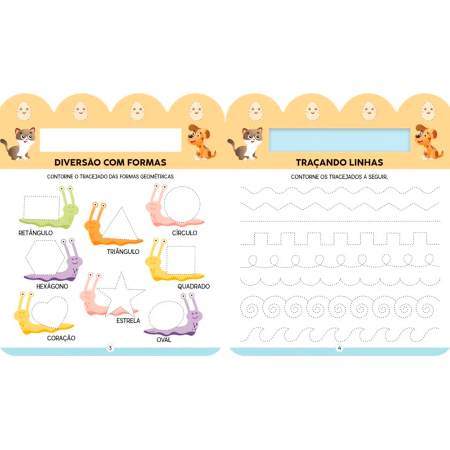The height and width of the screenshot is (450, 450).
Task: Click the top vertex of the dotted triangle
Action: (x=121, y=207)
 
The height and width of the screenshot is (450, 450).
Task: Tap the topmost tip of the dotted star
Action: (x=121, y=272)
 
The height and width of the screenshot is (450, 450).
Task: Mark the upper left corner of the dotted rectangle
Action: (x=24, y=196)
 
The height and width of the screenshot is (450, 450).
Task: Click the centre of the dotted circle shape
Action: (x=182, y=204)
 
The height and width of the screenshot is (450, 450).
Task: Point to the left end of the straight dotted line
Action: (x=241, y=221)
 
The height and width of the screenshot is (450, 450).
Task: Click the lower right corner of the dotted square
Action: (x=195, y=274)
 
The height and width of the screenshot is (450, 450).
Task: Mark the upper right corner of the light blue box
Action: (x=410, y=129)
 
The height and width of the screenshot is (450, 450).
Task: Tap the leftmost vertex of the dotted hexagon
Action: (x=26, y=257)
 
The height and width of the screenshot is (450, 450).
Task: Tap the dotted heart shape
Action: (x=49, y=312)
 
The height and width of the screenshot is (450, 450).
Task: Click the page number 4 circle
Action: (x=339, y=348)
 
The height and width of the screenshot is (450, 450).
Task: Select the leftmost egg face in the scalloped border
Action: (x=24, y=111)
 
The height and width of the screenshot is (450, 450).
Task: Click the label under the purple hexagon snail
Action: (x=52, y=286)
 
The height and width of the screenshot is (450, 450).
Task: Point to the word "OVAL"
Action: (x=164, y=340)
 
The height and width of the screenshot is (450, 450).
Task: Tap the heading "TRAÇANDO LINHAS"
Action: (x=339, y=162)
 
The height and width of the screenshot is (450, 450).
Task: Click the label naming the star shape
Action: (x=128, y=320)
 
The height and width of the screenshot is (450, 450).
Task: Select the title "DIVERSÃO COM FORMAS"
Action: (x=111, y=162)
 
